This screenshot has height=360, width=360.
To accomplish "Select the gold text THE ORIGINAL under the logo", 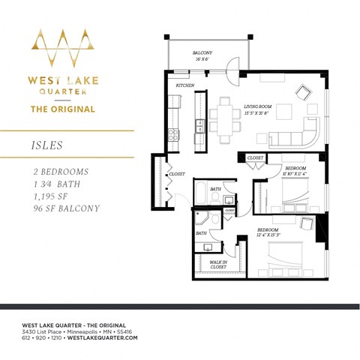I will coord(62,109).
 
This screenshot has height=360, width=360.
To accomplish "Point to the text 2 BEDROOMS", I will coord(56,172).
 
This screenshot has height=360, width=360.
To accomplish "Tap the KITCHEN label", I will coord(185,85).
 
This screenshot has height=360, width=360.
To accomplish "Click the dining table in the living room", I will coord(224,114).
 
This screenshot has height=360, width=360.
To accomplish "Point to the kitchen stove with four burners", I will coord(173,136).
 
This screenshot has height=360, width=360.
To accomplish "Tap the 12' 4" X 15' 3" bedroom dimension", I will coord(268,235).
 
